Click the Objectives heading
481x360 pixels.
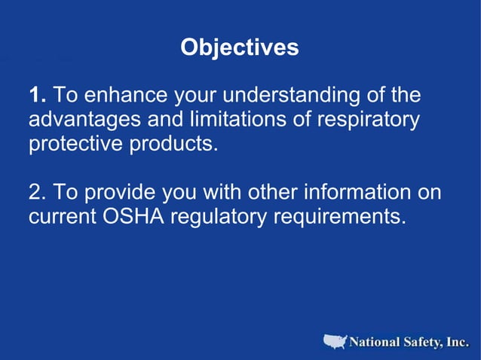(240, 47)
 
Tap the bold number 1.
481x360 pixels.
(38, 96)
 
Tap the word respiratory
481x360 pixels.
(369, 120)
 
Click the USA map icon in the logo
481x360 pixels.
(335, 342)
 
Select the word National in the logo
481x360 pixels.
(374, 343)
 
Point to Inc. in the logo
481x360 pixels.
(458, 343)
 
